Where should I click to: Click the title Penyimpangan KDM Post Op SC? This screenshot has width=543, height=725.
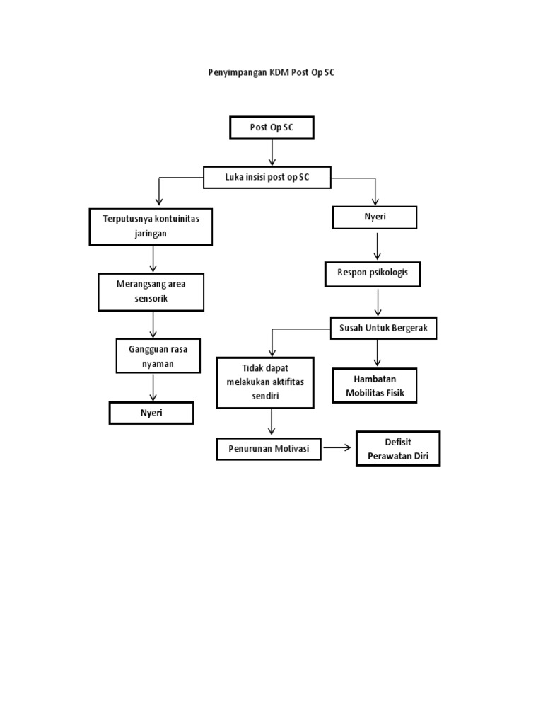click(x=271, y=72)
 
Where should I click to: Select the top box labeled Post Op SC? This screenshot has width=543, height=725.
click(x=271, y=127)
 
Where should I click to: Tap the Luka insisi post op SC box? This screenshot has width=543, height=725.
click(x=267, y=177)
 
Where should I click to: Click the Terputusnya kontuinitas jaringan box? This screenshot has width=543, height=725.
click(x=151, y=226)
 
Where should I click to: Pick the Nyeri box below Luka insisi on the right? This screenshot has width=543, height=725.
click(x=375, y=218)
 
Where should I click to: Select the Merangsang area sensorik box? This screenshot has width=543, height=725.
click(x=151, y=292)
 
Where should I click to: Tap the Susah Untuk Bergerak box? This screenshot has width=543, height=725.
click(x=384, y=329)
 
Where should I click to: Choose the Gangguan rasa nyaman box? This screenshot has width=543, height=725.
click(x=158, y=356)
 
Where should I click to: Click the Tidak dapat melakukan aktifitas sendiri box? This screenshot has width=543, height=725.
click(x=265, y=382)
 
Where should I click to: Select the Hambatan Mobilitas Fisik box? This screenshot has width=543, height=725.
click(x=375, y=386)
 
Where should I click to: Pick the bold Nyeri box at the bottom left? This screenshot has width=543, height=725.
click(x=151, y=413)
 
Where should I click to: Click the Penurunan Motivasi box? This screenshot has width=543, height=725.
click(x=269, y=449)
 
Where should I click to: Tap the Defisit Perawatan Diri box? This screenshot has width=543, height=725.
click(x=398, y=449)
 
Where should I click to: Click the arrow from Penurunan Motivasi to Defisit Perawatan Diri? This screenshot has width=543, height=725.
click(x=338, y=448)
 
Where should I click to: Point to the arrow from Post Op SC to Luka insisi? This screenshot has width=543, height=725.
click(x=272, y=152)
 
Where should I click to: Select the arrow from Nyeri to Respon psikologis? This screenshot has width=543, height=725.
click(x=378, y=246)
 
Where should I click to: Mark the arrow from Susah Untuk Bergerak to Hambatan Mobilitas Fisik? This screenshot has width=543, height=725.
click(x=378, y=352)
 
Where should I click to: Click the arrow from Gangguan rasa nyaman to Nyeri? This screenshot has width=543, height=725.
click(x=153, y=388)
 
